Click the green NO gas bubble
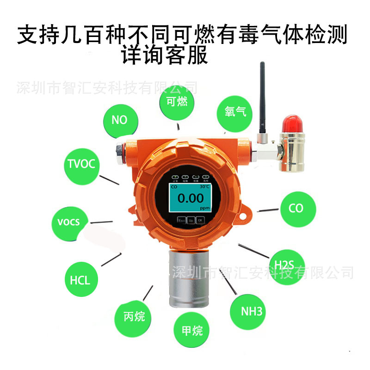pyautogui.click(x=119, y=120)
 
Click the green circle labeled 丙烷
pyautogui.click(x=135, y=316)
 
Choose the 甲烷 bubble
pyautogui.click(x=192, y=330)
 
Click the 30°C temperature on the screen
pyautogui.click(x=204, y=187)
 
